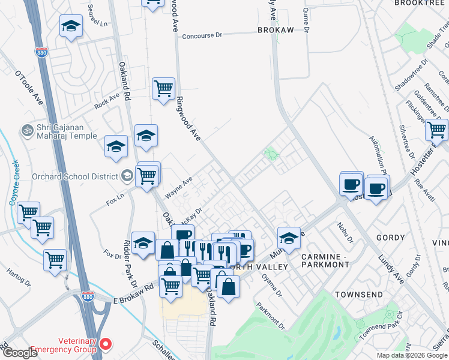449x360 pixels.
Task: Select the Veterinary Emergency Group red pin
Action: (x=106, y=344)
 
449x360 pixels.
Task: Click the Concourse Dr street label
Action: (x=202, y=35)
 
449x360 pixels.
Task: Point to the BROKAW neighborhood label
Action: (x=276, y=30)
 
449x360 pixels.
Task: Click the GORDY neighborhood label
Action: (x=390, y=238)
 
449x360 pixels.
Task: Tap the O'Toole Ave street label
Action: (x=29, y=88)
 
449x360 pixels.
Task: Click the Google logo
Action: (x=20, y=353)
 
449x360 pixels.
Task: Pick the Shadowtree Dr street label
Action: (x=411, y=75)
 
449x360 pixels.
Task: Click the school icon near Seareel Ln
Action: (x=71, y=26)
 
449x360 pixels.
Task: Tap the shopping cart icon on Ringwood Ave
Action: (x=163, y=89)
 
